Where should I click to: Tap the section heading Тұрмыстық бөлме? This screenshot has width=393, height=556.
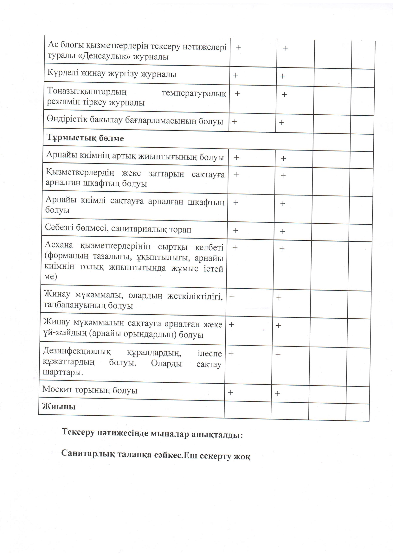tap(85, 138)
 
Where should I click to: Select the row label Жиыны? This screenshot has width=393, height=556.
tap(59, 406)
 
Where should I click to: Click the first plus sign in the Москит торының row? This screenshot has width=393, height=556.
tap(230, 392)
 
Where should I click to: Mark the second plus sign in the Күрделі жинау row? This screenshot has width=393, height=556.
tap(282, 76)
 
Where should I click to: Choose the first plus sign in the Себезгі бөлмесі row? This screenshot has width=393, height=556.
tap(235, 230)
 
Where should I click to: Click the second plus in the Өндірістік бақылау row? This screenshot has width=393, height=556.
tap(282, 123)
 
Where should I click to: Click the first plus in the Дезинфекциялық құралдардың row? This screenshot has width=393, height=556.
tap(231, 354)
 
